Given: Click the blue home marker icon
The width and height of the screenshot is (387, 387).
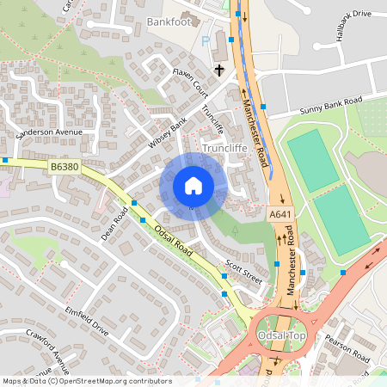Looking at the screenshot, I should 193,186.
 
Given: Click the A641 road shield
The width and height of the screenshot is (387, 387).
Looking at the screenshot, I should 279,214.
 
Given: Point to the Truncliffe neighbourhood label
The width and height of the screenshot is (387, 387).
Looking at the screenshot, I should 225,148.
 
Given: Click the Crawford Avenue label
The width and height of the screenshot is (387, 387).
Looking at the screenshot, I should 48,345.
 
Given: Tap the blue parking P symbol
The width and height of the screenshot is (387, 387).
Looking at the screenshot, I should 205,41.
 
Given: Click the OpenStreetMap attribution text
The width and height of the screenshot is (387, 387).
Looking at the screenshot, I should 86,381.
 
